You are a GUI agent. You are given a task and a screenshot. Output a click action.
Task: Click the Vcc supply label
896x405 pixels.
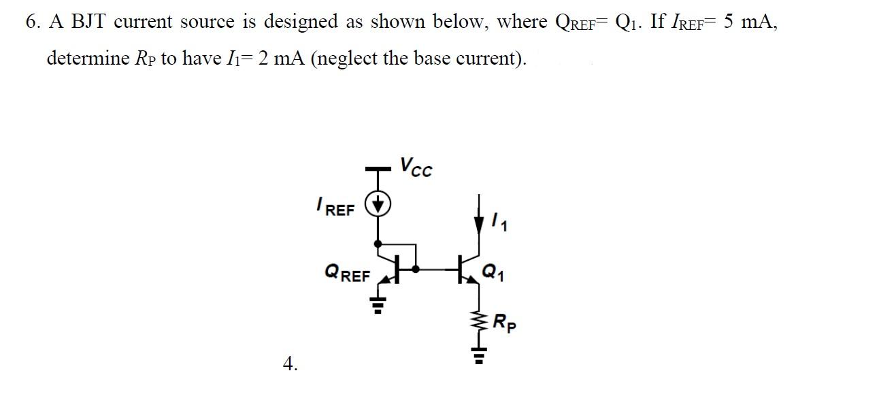415,167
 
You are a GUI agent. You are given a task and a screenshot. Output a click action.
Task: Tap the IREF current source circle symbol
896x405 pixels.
378,204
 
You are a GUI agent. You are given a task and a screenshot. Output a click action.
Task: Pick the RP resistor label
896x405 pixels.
505,321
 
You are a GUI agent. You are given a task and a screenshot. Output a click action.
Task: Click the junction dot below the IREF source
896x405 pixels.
378,242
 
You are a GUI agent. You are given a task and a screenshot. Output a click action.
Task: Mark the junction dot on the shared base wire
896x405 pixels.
416,269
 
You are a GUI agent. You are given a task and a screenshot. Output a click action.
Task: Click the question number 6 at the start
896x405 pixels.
31,22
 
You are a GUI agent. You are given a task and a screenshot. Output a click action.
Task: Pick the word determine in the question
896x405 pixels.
88,59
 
